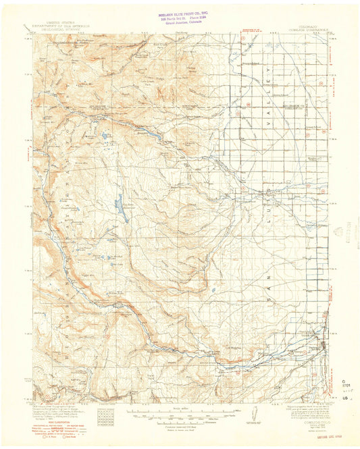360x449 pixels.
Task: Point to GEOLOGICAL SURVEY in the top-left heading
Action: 57,30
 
